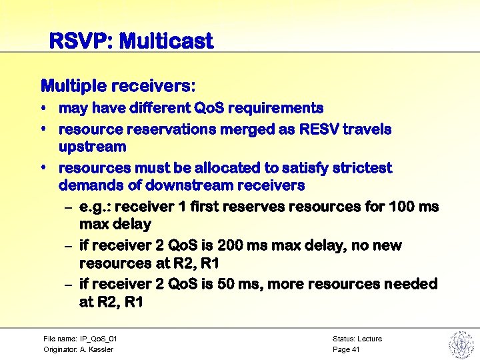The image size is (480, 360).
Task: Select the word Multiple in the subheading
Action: point(73,86)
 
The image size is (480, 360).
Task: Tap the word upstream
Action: point(92,146)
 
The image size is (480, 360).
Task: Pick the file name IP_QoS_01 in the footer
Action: point(93,339)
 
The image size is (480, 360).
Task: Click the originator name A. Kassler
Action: point(97,349)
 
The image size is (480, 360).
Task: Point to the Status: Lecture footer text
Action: point(357,339)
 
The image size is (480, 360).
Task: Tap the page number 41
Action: point(356,349)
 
